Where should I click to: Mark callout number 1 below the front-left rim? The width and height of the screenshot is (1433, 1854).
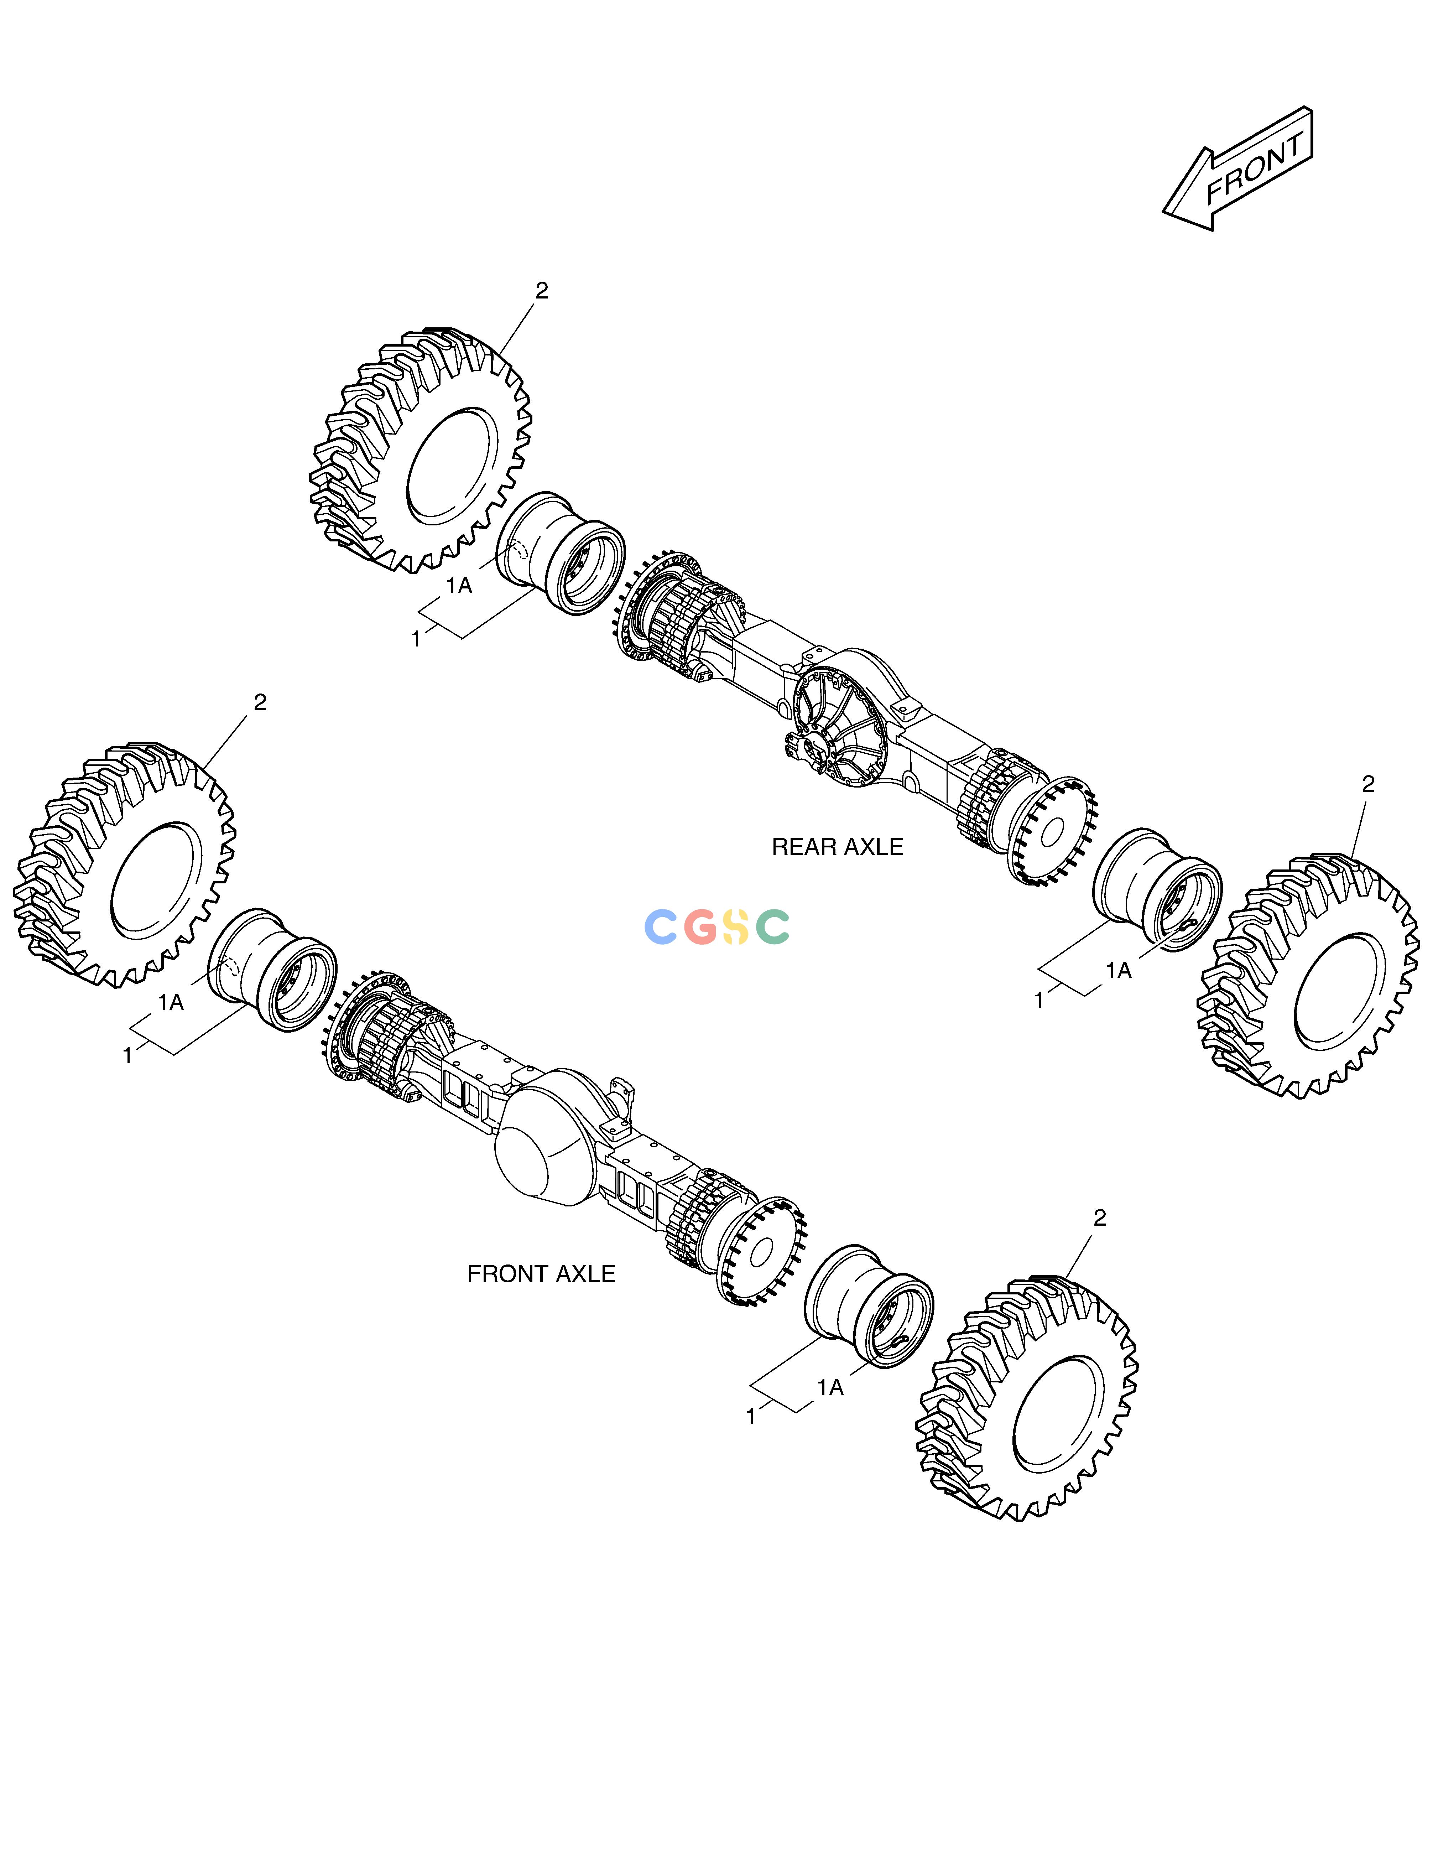(128, 1056)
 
